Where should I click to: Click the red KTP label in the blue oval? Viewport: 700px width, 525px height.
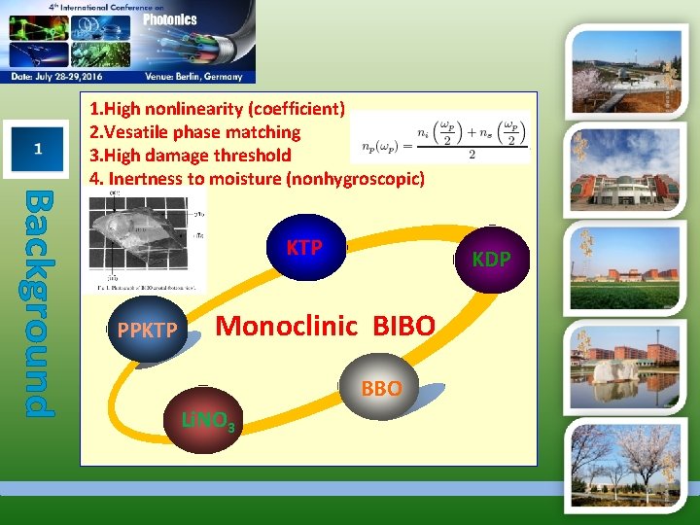tap(304, 248)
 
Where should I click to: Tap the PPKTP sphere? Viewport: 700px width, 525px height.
tap(147, 331)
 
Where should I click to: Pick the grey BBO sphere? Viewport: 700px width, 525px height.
tap(381, 389)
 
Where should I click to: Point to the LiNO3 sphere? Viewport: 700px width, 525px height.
tap(207, 420)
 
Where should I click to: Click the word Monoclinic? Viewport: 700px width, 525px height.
tap(287, 326)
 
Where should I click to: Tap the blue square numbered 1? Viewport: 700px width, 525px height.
tap(37, 149)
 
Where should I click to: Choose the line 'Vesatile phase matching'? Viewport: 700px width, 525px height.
tap(194, 131)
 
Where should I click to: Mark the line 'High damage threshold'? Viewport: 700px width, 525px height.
tap(190, 155)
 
